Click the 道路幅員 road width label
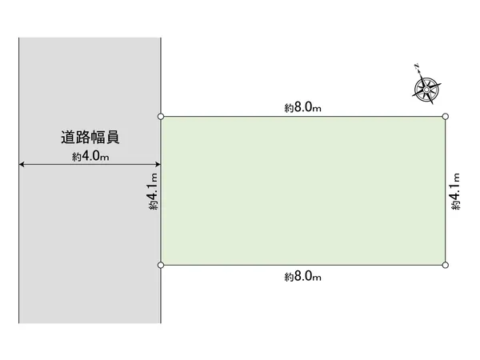click(90, 137)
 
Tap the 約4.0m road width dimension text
click(90, 156)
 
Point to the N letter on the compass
click(417, 66)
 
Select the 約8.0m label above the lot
click(302, 107)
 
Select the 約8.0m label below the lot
click(302, 277)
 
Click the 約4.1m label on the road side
click(154, 191)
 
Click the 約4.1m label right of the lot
click(455, 191)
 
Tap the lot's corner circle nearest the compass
click(446, 116)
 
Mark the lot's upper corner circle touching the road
click(161, 116)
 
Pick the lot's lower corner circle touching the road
click(161, 265)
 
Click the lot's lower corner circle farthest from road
click(446, 265)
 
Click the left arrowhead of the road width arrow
click(22, 164)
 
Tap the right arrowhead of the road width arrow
click(158, 164)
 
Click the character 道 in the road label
click(68, 137)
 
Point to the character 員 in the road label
click(112, 137)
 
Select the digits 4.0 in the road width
click(91, 156)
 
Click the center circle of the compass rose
click(426, 90)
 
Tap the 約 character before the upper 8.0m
click(289, 108)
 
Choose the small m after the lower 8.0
click(317, 278)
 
